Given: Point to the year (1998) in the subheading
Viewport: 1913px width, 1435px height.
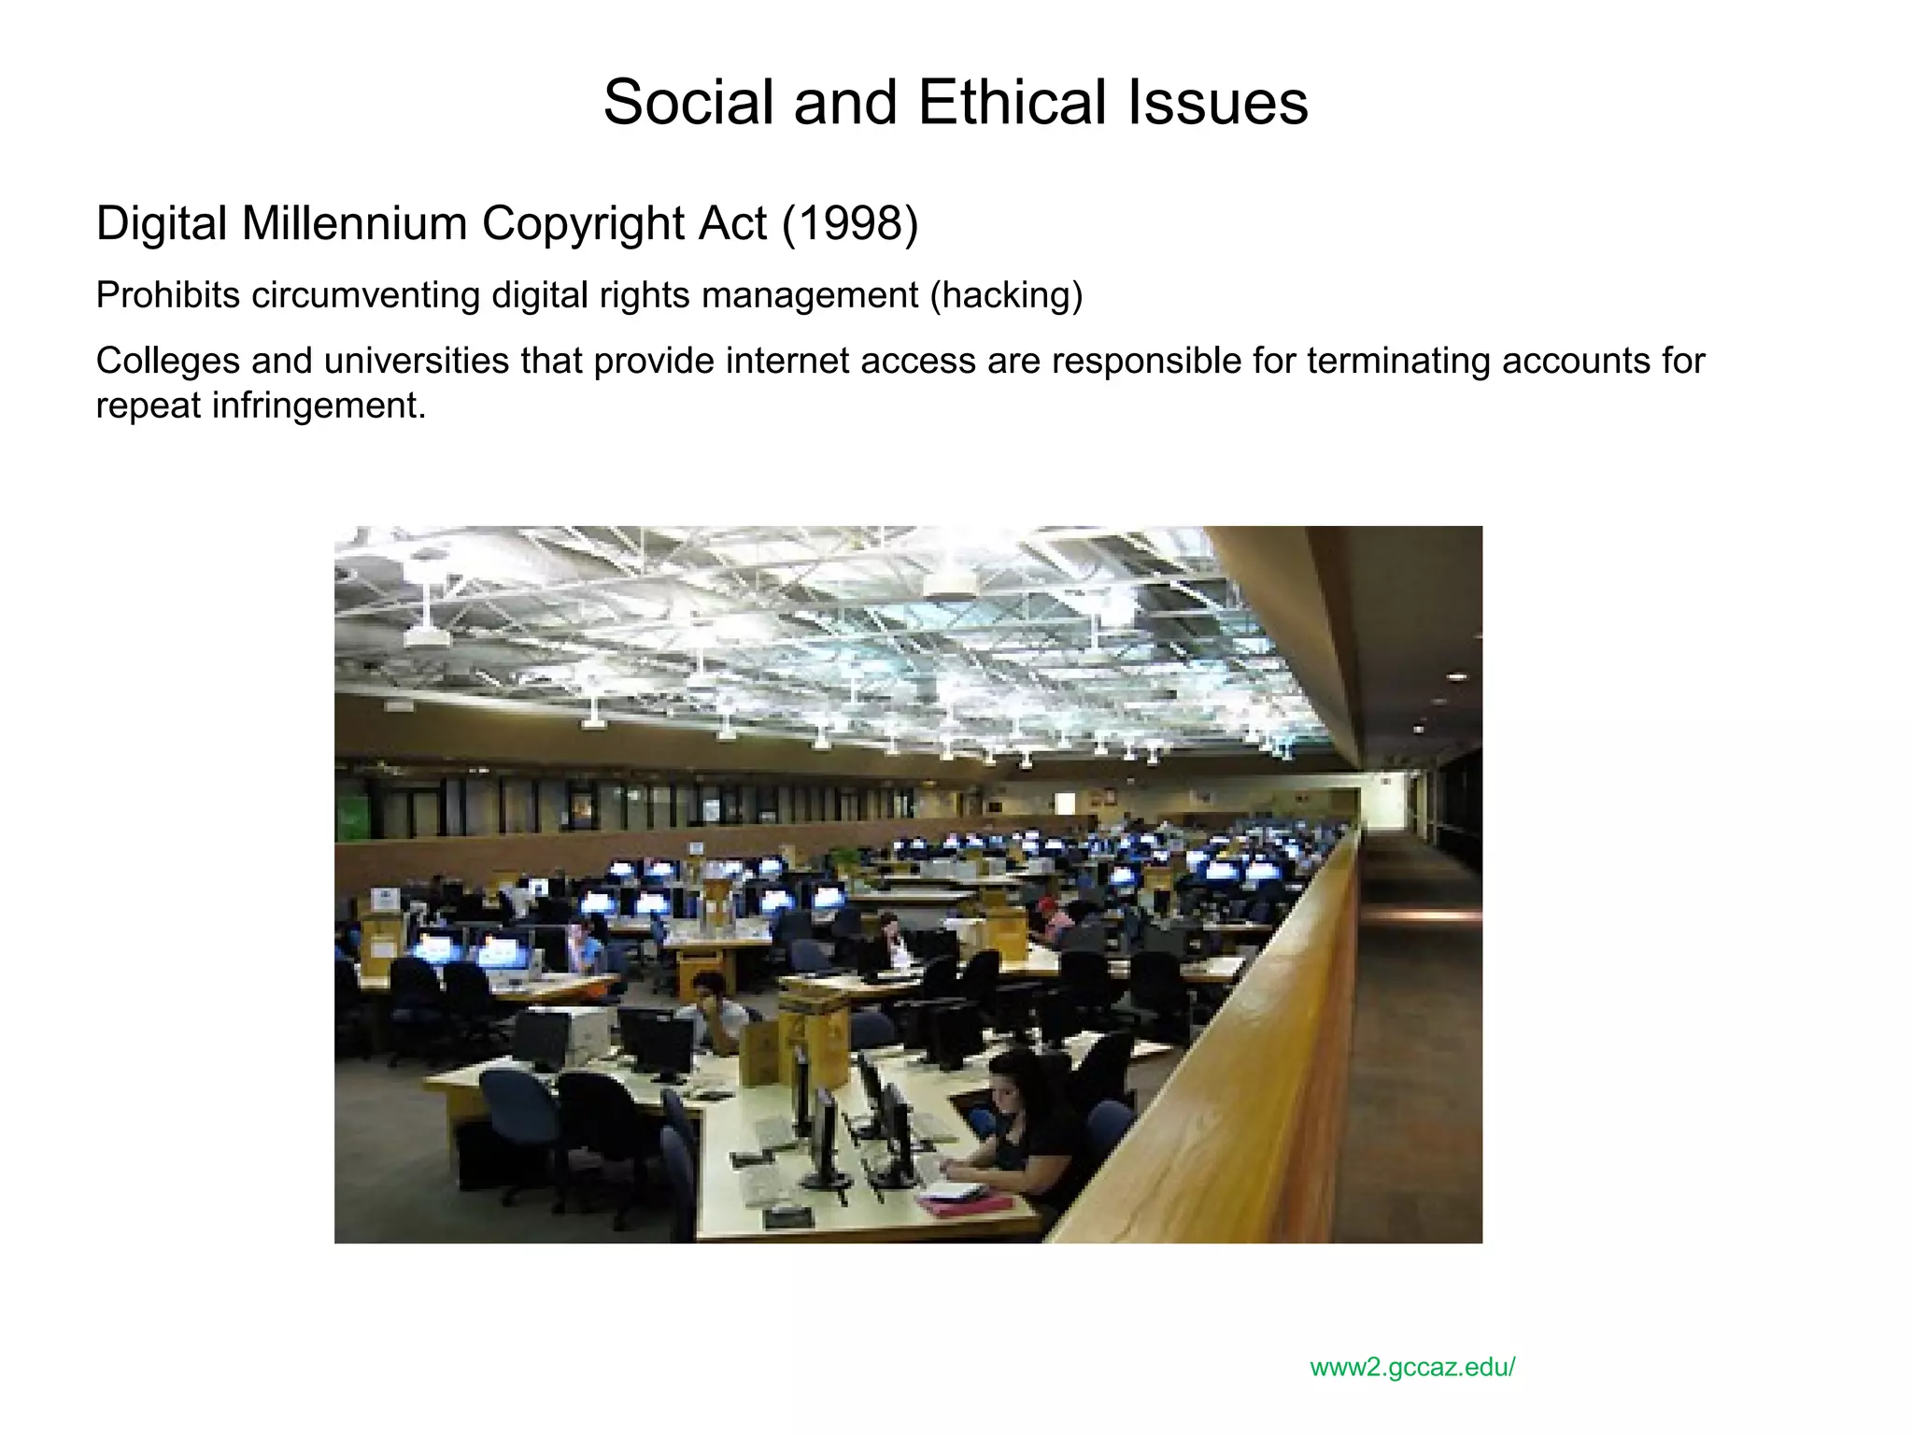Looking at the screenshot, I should pyautogui.click(x=850, y=224).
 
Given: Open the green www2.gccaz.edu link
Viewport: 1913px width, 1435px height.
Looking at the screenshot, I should pyautogui.click(x=1412, y=1368).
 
